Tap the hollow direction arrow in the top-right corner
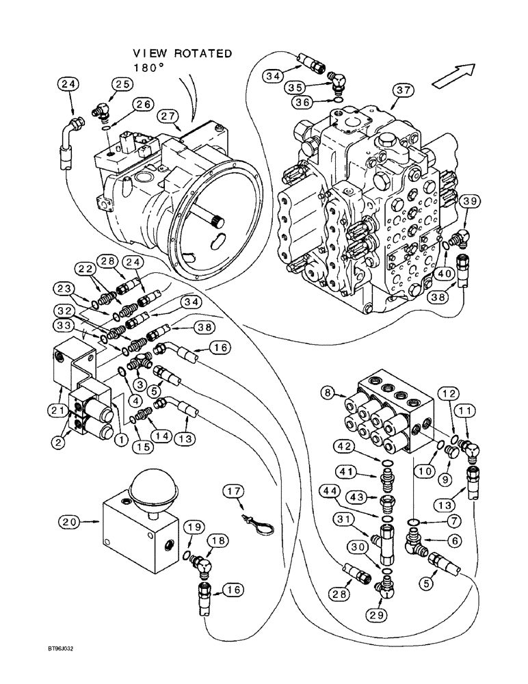(453, 73)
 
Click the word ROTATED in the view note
(203, 53)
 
